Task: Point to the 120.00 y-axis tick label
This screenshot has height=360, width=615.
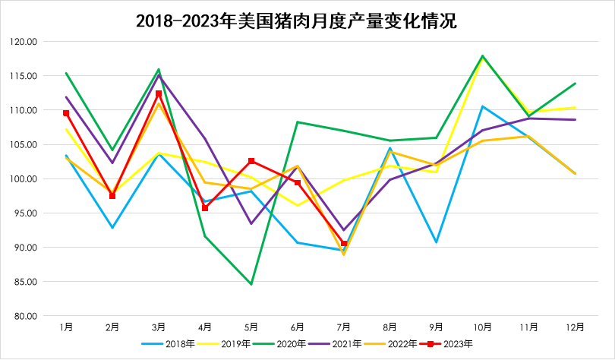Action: click(24, 42)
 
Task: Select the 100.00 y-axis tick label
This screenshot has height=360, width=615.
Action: click(24, 179)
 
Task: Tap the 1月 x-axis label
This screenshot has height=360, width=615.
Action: click(66, 327)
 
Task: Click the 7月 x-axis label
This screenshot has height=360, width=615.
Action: click(344, 327)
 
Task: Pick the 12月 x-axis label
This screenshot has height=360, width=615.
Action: click(576, 327)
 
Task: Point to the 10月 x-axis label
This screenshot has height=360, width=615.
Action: click(483, 327)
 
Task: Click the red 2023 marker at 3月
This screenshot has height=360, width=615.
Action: click(159, 94)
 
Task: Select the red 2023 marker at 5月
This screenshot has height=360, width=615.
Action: click(251, 161)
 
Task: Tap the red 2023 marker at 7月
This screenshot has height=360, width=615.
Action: click(344, 244)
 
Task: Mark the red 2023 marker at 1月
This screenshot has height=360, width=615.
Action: click(66, 113)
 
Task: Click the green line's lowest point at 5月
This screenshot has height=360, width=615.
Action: click(251, 284)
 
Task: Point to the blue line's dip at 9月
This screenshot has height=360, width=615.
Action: click(437, 242)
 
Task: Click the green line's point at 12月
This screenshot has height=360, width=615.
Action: click(576, 84)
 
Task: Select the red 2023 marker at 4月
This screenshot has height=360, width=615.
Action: click(205, 208)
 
